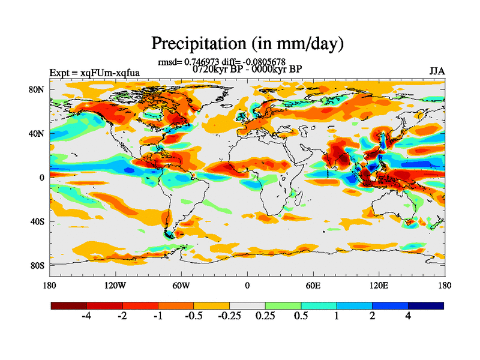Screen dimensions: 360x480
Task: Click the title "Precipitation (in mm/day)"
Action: pyautogui.click(x=247, y=44)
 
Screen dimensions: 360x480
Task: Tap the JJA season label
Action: pyautogui.click(x=437, y=71)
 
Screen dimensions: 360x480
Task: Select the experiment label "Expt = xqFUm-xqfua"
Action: pyautogui.click(x=95, y=73)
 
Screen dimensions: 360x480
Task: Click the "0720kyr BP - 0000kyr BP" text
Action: pyautogui.click(x=247, y=68)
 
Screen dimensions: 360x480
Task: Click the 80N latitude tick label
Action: pyautogui.click(x=37, y=89)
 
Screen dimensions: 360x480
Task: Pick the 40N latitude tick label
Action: pyautogui.click(x=37, y=133)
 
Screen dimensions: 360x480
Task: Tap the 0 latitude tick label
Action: pyautogui.click(x=42, y=178)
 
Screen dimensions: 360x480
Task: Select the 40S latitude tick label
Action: pyautogui.click(x=37, y=221)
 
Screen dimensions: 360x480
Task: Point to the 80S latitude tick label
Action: pyautogui.click(x=37, y=265)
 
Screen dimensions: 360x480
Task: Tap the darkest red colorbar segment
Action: pyautogui.click(x=69, y=305)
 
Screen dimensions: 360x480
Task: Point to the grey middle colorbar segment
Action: pyautogui.click(x=247, y=305)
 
